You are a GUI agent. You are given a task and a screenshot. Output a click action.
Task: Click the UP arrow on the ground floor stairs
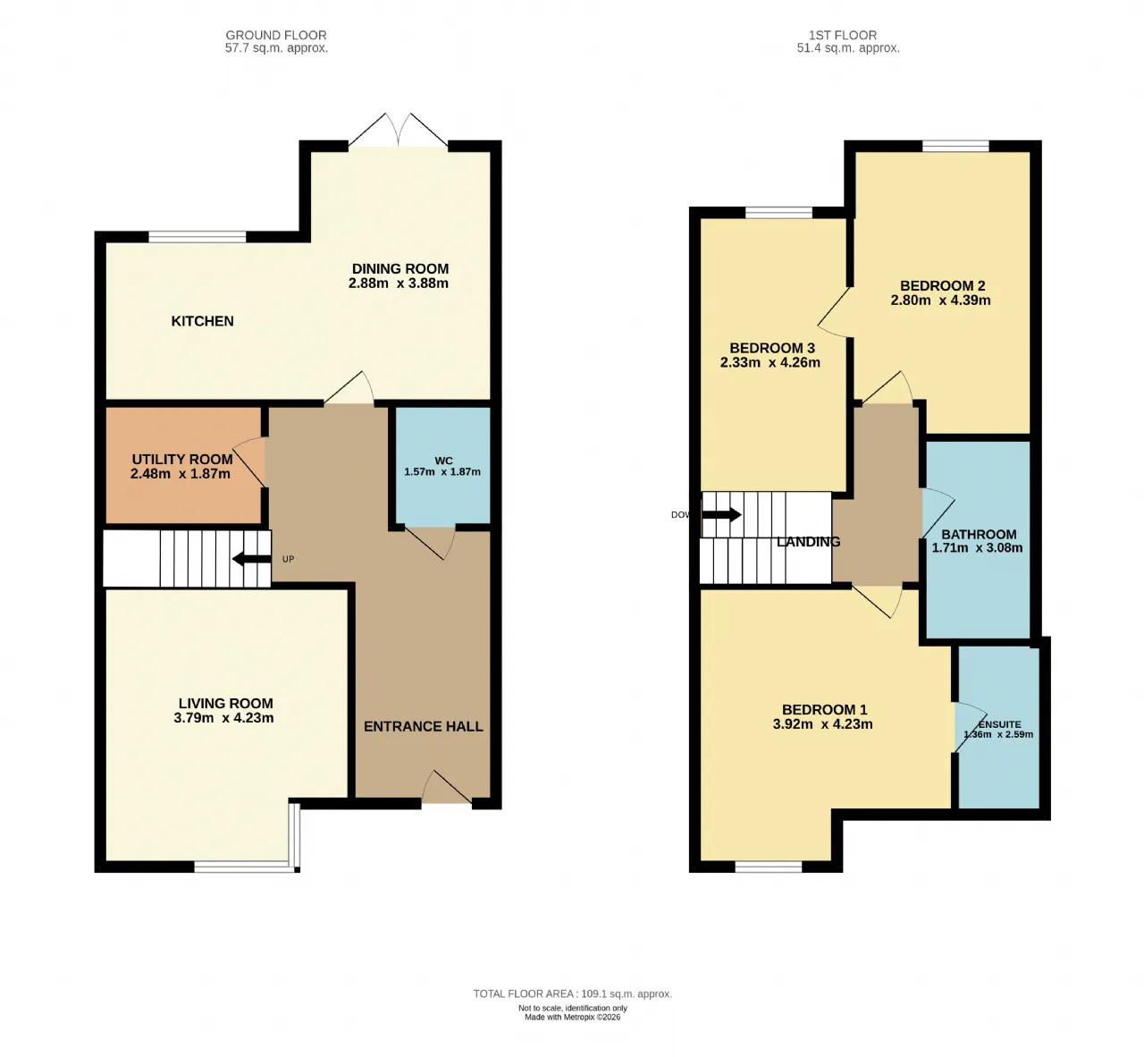251,559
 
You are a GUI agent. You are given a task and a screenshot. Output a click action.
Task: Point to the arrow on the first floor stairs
721,514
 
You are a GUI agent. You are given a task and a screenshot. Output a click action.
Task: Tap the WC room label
443,461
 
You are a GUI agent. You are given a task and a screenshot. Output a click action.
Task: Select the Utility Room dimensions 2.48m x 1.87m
181,474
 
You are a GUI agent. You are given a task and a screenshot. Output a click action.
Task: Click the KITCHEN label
202,321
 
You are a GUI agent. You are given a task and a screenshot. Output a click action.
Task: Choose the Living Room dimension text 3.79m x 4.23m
223,718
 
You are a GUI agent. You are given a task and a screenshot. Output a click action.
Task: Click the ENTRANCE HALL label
424,727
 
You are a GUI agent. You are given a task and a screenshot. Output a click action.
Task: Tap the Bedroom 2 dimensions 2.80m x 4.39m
940,300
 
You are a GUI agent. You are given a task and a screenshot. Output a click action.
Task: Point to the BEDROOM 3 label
772,348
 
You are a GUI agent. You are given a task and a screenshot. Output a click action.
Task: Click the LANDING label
808,542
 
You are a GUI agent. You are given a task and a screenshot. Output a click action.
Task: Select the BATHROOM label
979,535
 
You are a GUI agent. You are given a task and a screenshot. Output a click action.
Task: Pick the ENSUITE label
999,724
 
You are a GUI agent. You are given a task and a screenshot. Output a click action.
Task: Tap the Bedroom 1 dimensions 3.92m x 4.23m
822,724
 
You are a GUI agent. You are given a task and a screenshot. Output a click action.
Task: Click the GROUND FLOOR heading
276,35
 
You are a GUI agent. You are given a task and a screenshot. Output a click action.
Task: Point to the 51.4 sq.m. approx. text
848,48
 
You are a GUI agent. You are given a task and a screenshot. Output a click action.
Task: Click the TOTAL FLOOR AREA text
573,994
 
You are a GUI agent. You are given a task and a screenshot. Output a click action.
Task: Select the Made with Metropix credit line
573,1018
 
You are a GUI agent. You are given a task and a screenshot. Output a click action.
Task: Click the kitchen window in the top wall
197,236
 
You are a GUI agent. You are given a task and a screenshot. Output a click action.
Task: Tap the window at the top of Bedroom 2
955,146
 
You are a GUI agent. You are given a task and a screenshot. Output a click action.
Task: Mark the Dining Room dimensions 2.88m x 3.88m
399,283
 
